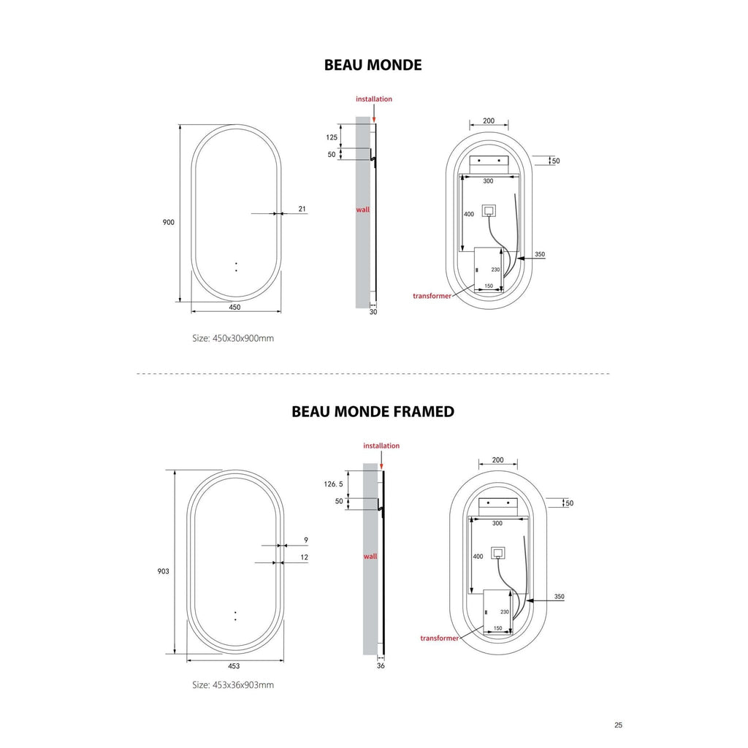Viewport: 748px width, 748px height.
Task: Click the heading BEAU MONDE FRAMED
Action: tap(373, 411)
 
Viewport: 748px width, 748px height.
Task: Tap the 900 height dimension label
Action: tap(169, 222)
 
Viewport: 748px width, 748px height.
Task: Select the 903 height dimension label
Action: tap(163, 571)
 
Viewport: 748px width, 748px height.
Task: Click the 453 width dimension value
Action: tap(234, 666)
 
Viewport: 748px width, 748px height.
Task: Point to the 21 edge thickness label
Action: tap(302, 209)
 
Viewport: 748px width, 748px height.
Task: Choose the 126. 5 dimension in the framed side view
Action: tap(333, 484)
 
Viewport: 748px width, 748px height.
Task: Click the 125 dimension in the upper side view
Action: tap(332, 137)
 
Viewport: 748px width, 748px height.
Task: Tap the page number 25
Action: tap(618, 725)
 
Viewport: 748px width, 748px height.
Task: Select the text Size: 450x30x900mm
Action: tap(233, 338)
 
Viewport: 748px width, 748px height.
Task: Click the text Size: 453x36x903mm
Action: tap(233, 685)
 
